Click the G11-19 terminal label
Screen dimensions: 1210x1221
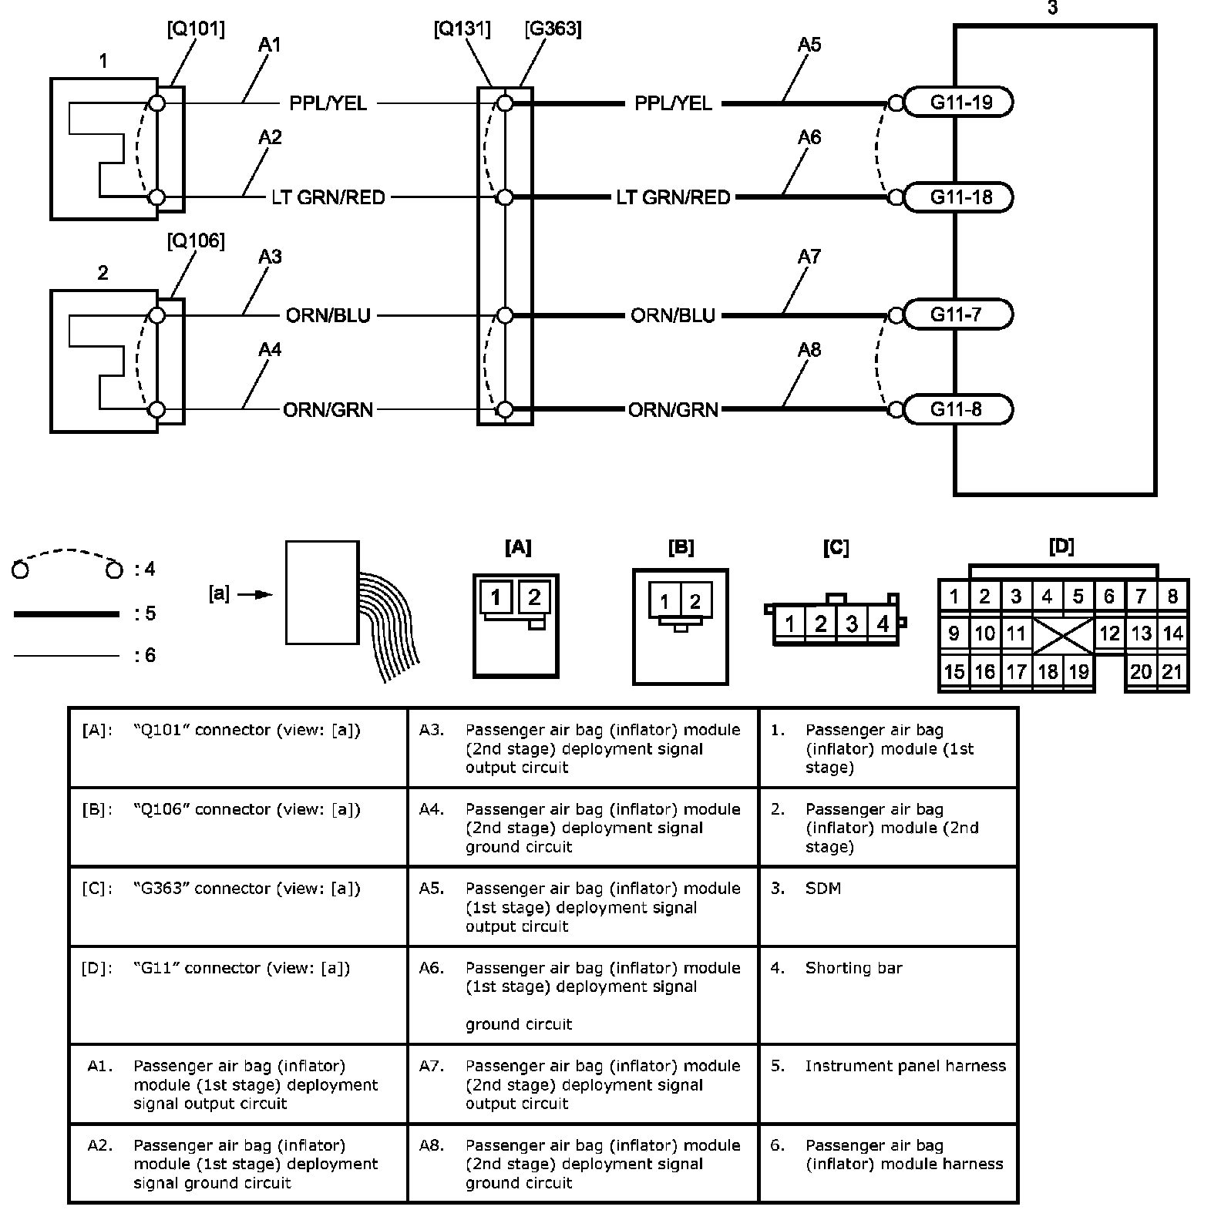click(x=960, y=102)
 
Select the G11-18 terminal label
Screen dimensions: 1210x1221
click(x=960, y=197)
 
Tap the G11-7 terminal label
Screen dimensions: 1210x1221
click(x=956, y=314)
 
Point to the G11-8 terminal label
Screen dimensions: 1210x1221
click(x=956, y=408)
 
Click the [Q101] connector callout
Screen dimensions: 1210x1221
click(x=196, y=29)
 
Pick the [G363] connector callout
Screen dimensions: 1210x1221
click(x=552, y=29)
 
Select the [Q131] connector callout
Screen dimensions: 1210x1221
click(x=462, y=29)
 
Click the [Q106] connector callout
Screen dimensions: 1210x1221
click(x=196, y=241)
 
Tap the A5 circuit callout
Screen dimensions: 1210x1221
click(x=809, y=45)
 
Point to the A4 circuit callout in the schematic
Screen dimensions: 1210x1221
click(x=269, y=350)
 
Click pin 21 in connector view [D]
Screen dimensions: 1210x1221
click(x=1172, y=671)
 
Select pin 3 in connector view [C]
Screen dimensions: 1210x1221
click(x=852, y=623)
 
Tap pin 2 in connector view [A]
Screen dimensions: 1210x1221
click(x=534, y=597)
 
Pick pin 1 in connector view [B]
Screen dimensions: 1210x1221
click(x=664, y=601)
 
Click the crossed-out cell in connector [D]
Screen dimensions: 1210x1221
click(x=1062, y=634)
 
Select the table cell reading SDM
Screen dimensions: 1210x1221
click(x=823, y=889)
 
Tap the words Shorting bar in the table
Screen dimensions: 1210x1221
click(x=853, y=968)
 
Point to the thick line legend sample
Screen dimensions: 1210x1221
click(x=66, y=614)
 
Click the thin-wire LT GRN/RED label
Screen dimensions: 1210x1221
click(x=328, y=197)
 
